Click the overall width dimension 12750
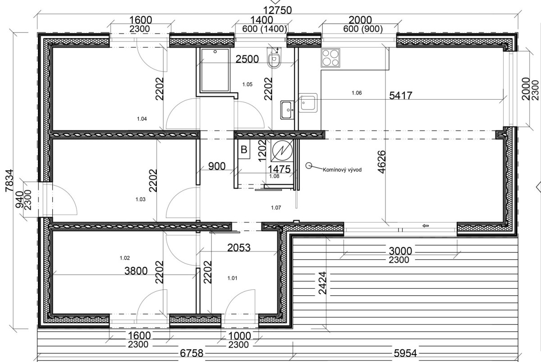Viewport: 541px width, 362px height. click(277, 10)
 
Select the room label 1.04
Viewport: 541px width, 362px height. click(142, 119)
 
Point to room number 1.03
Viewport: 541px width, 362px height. click(140, 199)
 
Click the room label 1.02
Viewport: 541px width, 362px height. click(124, 258)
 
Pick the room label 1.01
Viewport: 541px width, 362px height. click(232, 278)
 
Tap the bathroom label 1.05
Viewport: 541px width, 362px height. click(248, 84)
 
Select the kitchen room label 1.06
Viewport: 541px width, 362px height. click(357, 93)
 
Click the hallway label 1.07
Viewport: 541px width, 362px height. click(276, 208)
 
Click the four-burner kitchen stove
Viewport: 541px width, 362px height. click(330, 58)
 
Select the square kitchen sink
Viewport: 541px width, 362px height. click(308, 103)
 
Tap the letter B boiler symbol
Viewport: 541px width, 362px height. click(244, 150)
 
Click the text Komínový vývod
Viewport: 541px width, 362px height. click(342, 170)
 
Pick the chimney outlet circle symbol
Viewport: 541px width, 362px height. click(308, 165)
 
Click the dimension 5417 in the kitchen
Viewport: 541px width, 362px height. click(400, 96)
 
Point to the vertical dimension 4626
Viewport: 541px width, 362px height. click(381, 162)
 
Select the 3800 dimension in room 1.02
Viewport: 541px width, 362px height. click(136, 271)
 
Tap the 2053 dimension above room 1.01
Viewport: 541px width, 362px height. click(239, 248)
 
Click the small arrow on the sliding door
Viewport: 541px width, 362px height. click(426, 226)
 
